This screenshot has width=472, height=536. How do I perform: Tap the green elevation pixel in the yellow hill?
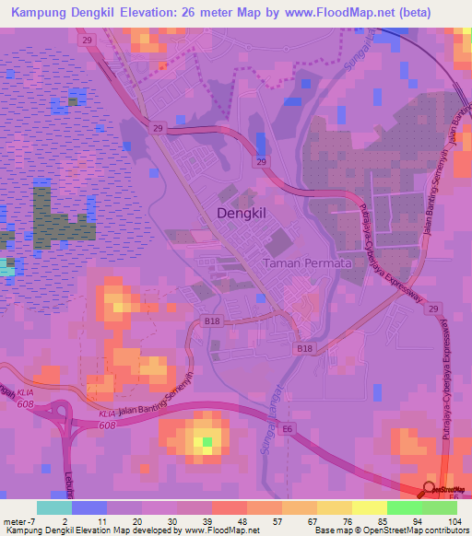[x=207, y=444]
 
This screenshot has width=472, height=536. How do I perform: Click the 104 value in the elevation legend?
[x=454, y=521]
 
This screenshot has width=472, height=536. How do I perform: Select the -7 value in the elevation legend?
[x=33, y=521]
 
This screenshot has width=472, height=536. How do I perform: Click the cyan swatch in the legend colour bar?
[x=53, y=507]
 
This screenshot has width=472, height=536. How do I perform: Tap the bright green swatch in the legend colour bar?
[x=404, y=507]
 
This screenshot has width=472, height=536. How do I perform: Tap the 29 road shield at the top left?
[x=87, y=41]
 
